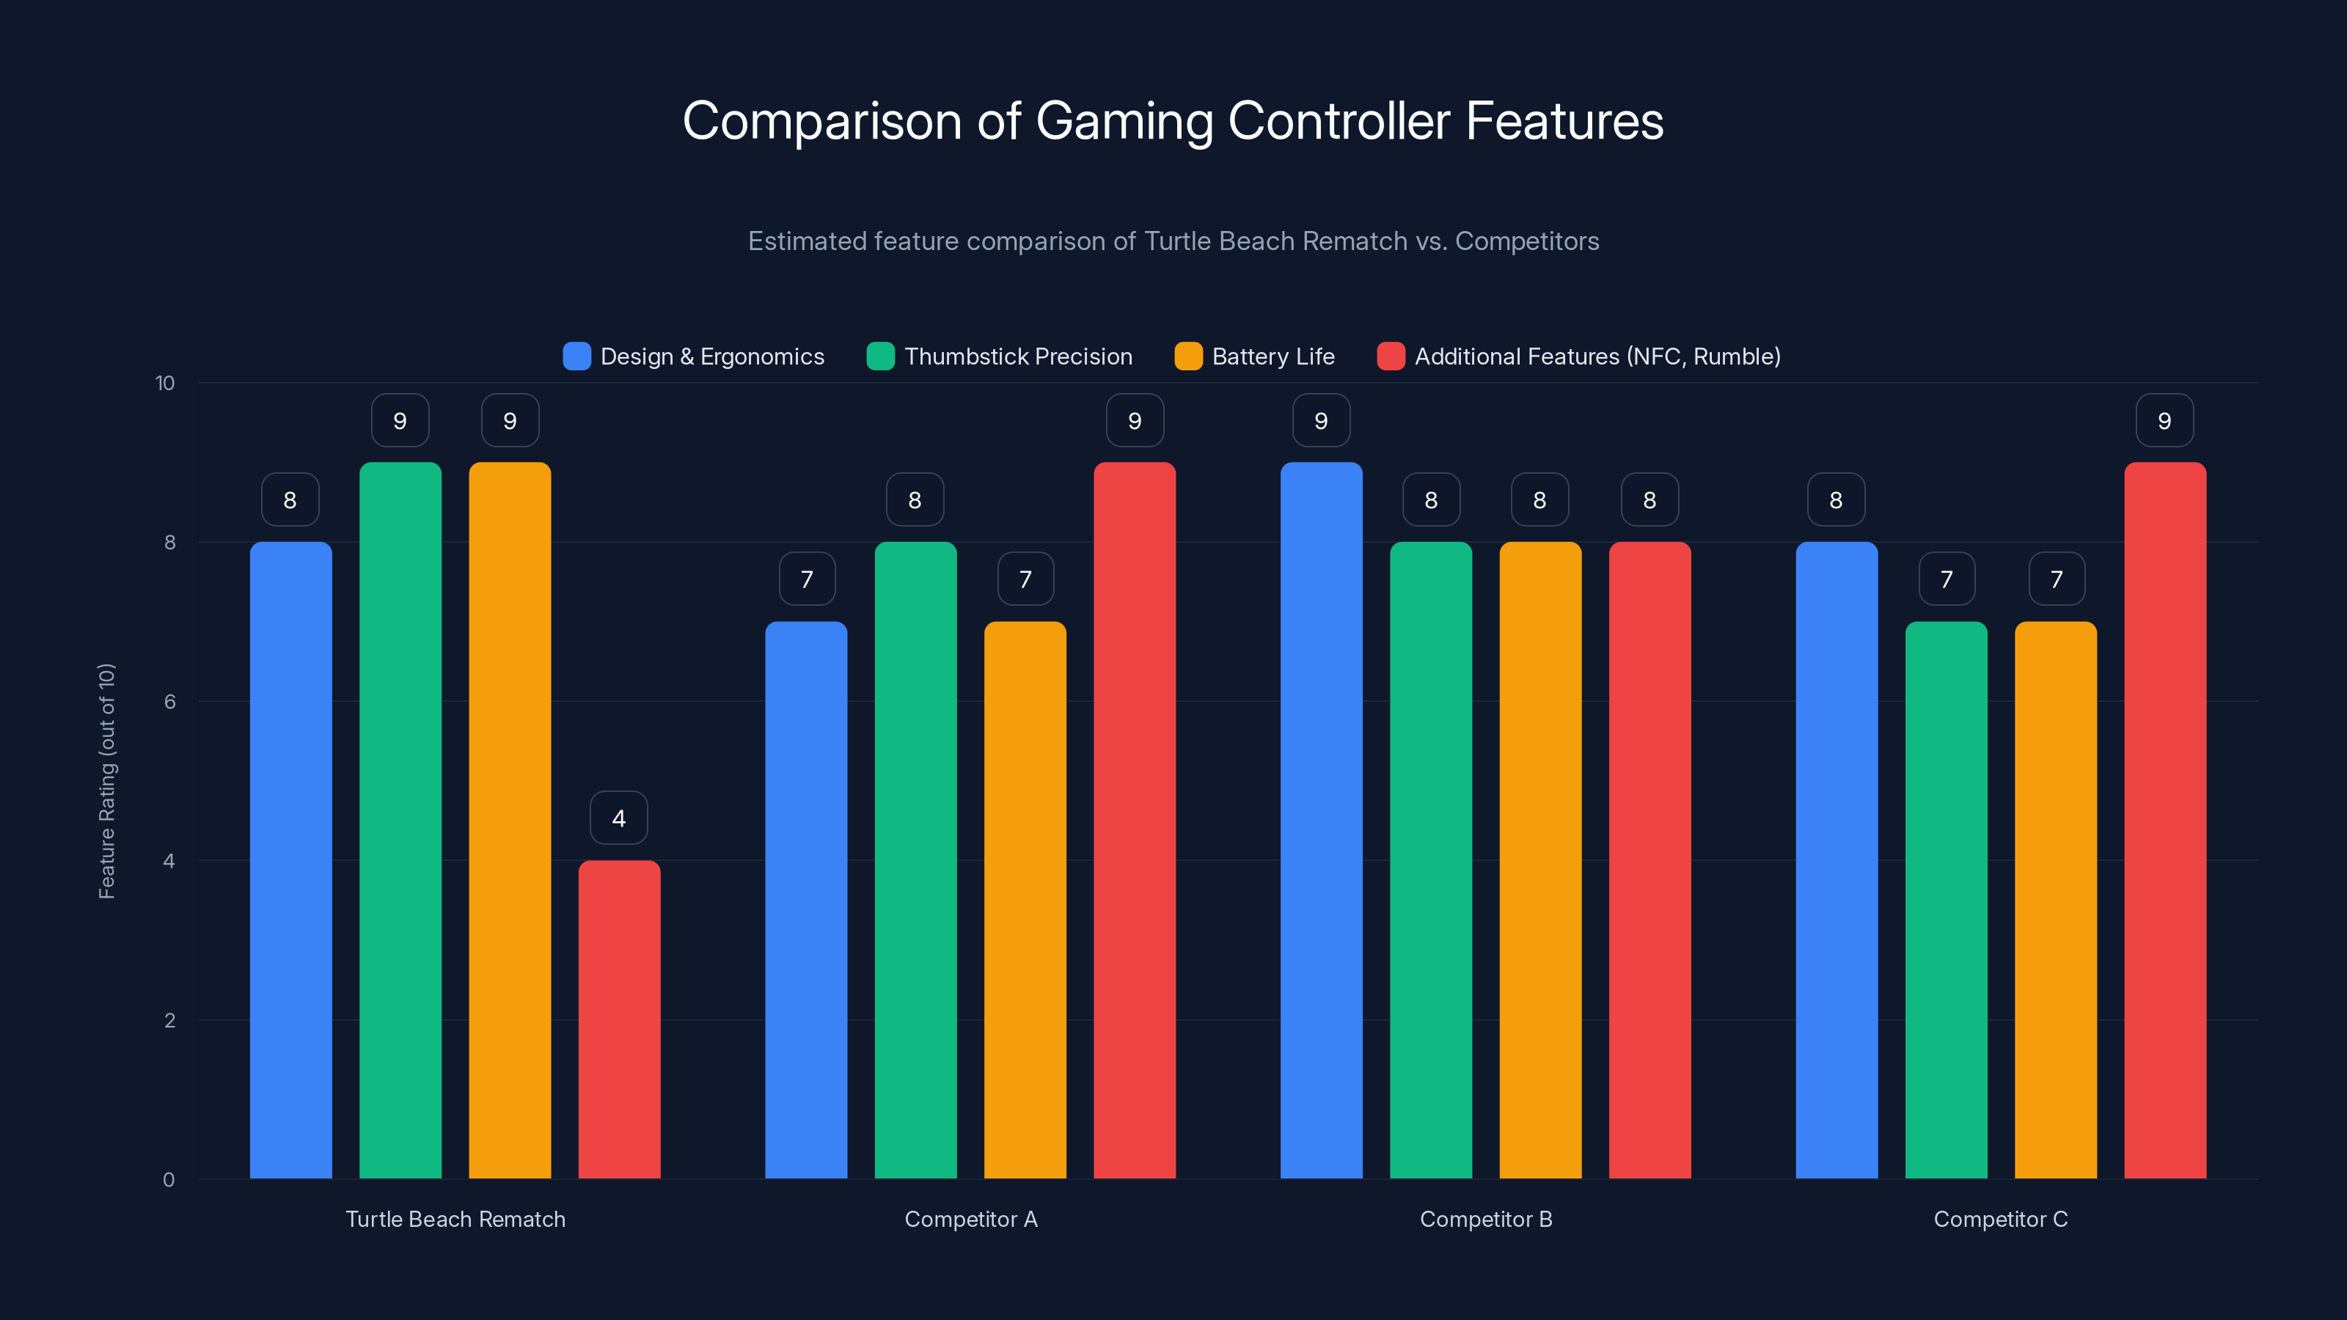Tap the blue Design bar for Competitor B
coord(1321,820)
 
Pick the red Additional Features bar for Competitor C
coord(2165,820)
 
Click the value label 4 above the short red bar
coord(618,818)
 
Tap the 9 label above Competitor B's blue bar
coord(1321,420)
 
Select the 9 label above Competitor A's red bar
coord(1135,420)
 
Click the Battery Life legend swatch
coord(1188,356)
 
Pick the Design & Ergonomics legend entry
coord(711,356)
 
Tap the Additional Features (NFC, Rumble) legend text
coord(1597,356)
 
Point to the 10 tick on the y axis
coord(165,383)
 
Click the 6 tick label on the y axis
coord(169,702)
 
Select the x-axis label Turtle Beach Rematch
coord(455,1219)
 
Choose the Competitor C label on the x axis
coord(2001,1219)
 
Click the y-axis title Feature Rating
coord(106,781)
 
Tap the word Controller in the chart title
coord(1339,120)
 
